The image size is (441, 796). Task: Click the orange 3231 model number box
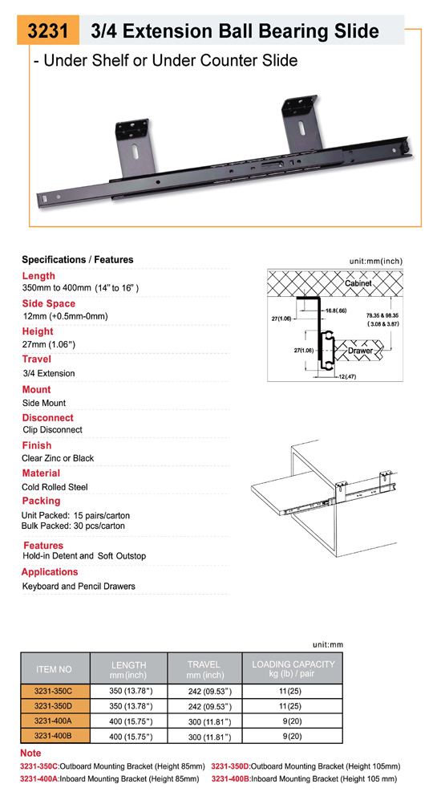tap(48, 30)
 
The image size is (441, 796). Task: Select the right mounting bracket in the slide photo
tap(301, 124)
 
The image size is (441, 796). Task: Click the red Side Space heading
tap(48, 303)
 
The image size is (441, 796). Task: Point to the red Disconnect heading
tap(47, 418)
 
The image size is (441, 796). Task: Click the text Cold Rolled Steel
tap(55, 487)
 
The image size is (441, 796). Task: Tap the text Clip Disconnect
tap(52, 429)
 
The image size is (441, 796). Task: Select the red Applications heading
tap(50, 572)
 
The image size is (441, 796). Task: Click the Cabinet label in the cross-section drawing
tap(358, 283)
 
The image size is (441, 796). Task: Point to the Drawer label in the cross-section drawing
tap(360, 351)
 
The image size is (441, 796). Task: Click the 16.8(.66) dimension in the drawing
tap(335, 311)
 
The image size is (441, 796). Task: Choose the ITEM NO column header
tap(55, 669)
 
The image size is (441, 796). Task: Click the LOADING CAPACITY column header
tap(293, 669)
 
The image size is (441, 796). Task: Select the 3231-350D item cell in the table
tap(55, 706)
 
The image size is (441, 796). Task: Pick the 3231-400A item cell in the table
tap(55, 721)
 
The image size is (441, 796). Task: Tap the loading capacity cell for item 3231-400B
tap(293, 736)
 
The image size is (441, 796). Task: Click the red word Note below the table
tap(30, 753)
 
